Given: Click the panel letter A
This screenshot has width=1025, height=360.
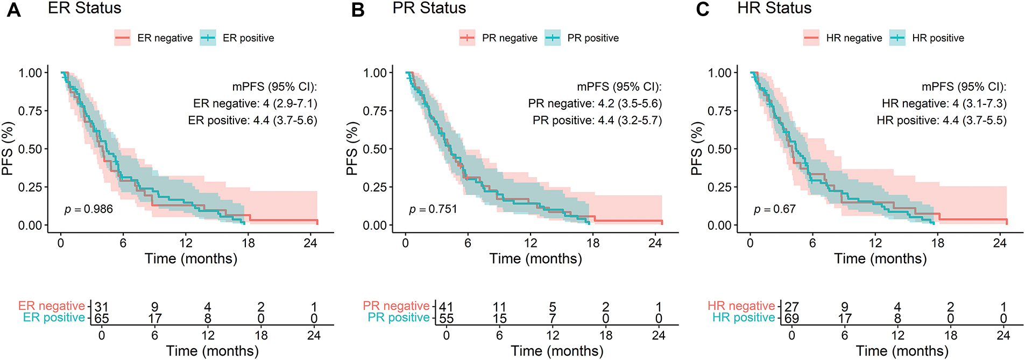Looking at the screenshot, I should pyautogui.click(x=13, y=10).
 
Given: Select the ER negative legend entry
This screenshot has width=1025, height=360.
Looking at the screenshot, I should pyautogui.click(x=154, y=38).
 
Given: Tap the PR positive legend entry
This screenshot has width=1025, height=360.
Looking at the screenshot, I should pyautogui.click(x=582, y=38).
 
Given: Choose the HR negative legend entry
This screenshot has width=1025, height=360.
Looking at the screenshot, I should pyautogui.click(x=843, y=38).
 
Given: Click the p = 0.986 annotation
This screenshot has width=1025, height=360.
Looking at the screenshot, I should pyautogui.click(x=89, y=209).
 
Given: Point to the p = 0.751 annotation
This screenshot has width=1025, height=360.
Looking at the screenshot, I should pyautogui.click(x=433, y=209).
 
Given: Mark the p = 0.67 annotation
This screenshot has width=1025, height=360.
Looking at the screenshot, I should pyautogui.click(x=775, y=209).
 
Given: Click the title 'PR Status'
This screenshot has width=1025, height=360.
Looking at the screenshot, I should pyautogui.click(x=429, y=8).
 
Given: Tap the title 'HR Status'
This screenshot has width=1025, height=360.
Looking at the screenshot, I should pyautogui.click(x=774, y=8).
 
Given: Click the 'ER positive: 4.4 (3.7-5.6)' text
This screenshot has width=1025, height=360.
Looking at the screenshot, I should pyautogui.click(x=252, y=120).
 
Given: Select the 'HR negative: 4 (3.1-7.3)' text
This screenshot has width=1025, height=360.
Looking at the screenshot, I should pyautogui.click(x=944, y=103).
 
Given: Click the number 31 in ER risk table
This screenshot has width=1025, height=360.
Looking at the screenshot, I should pyautogui.click(x=102, y=307).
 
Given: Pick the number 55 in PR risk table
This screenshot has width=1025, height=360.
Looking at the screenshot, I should pyautogui.click(x=447, y=318).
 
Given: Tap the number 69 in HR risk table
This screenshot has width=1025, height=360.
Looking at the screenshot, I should pyautogui.click(x=791, y=318).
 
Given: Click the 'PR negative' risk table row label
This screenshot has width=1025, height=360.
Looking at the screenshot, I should pyautogui.click(x=396, y=306).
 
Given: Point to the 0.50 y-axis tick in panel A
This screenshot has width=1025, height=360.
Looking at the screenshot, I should pyautogui.click(x=30, y=149).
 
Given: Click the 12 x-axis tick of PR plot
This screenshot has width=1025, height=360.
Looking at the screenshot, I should pyautogui.click(x=531, y=243).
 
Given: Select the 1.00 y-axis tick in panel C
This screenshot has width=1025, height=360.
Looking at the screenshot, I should pyautogui.click(x=719, y=73).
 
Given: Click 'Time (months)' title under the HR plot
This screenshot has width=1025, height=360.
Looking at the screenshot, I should pyautogui.click(x=880, y=258).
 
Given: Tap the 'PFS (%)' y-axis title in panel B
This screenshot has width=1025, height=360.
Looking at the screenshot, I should pyautogui.click(x=352, y=149).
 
